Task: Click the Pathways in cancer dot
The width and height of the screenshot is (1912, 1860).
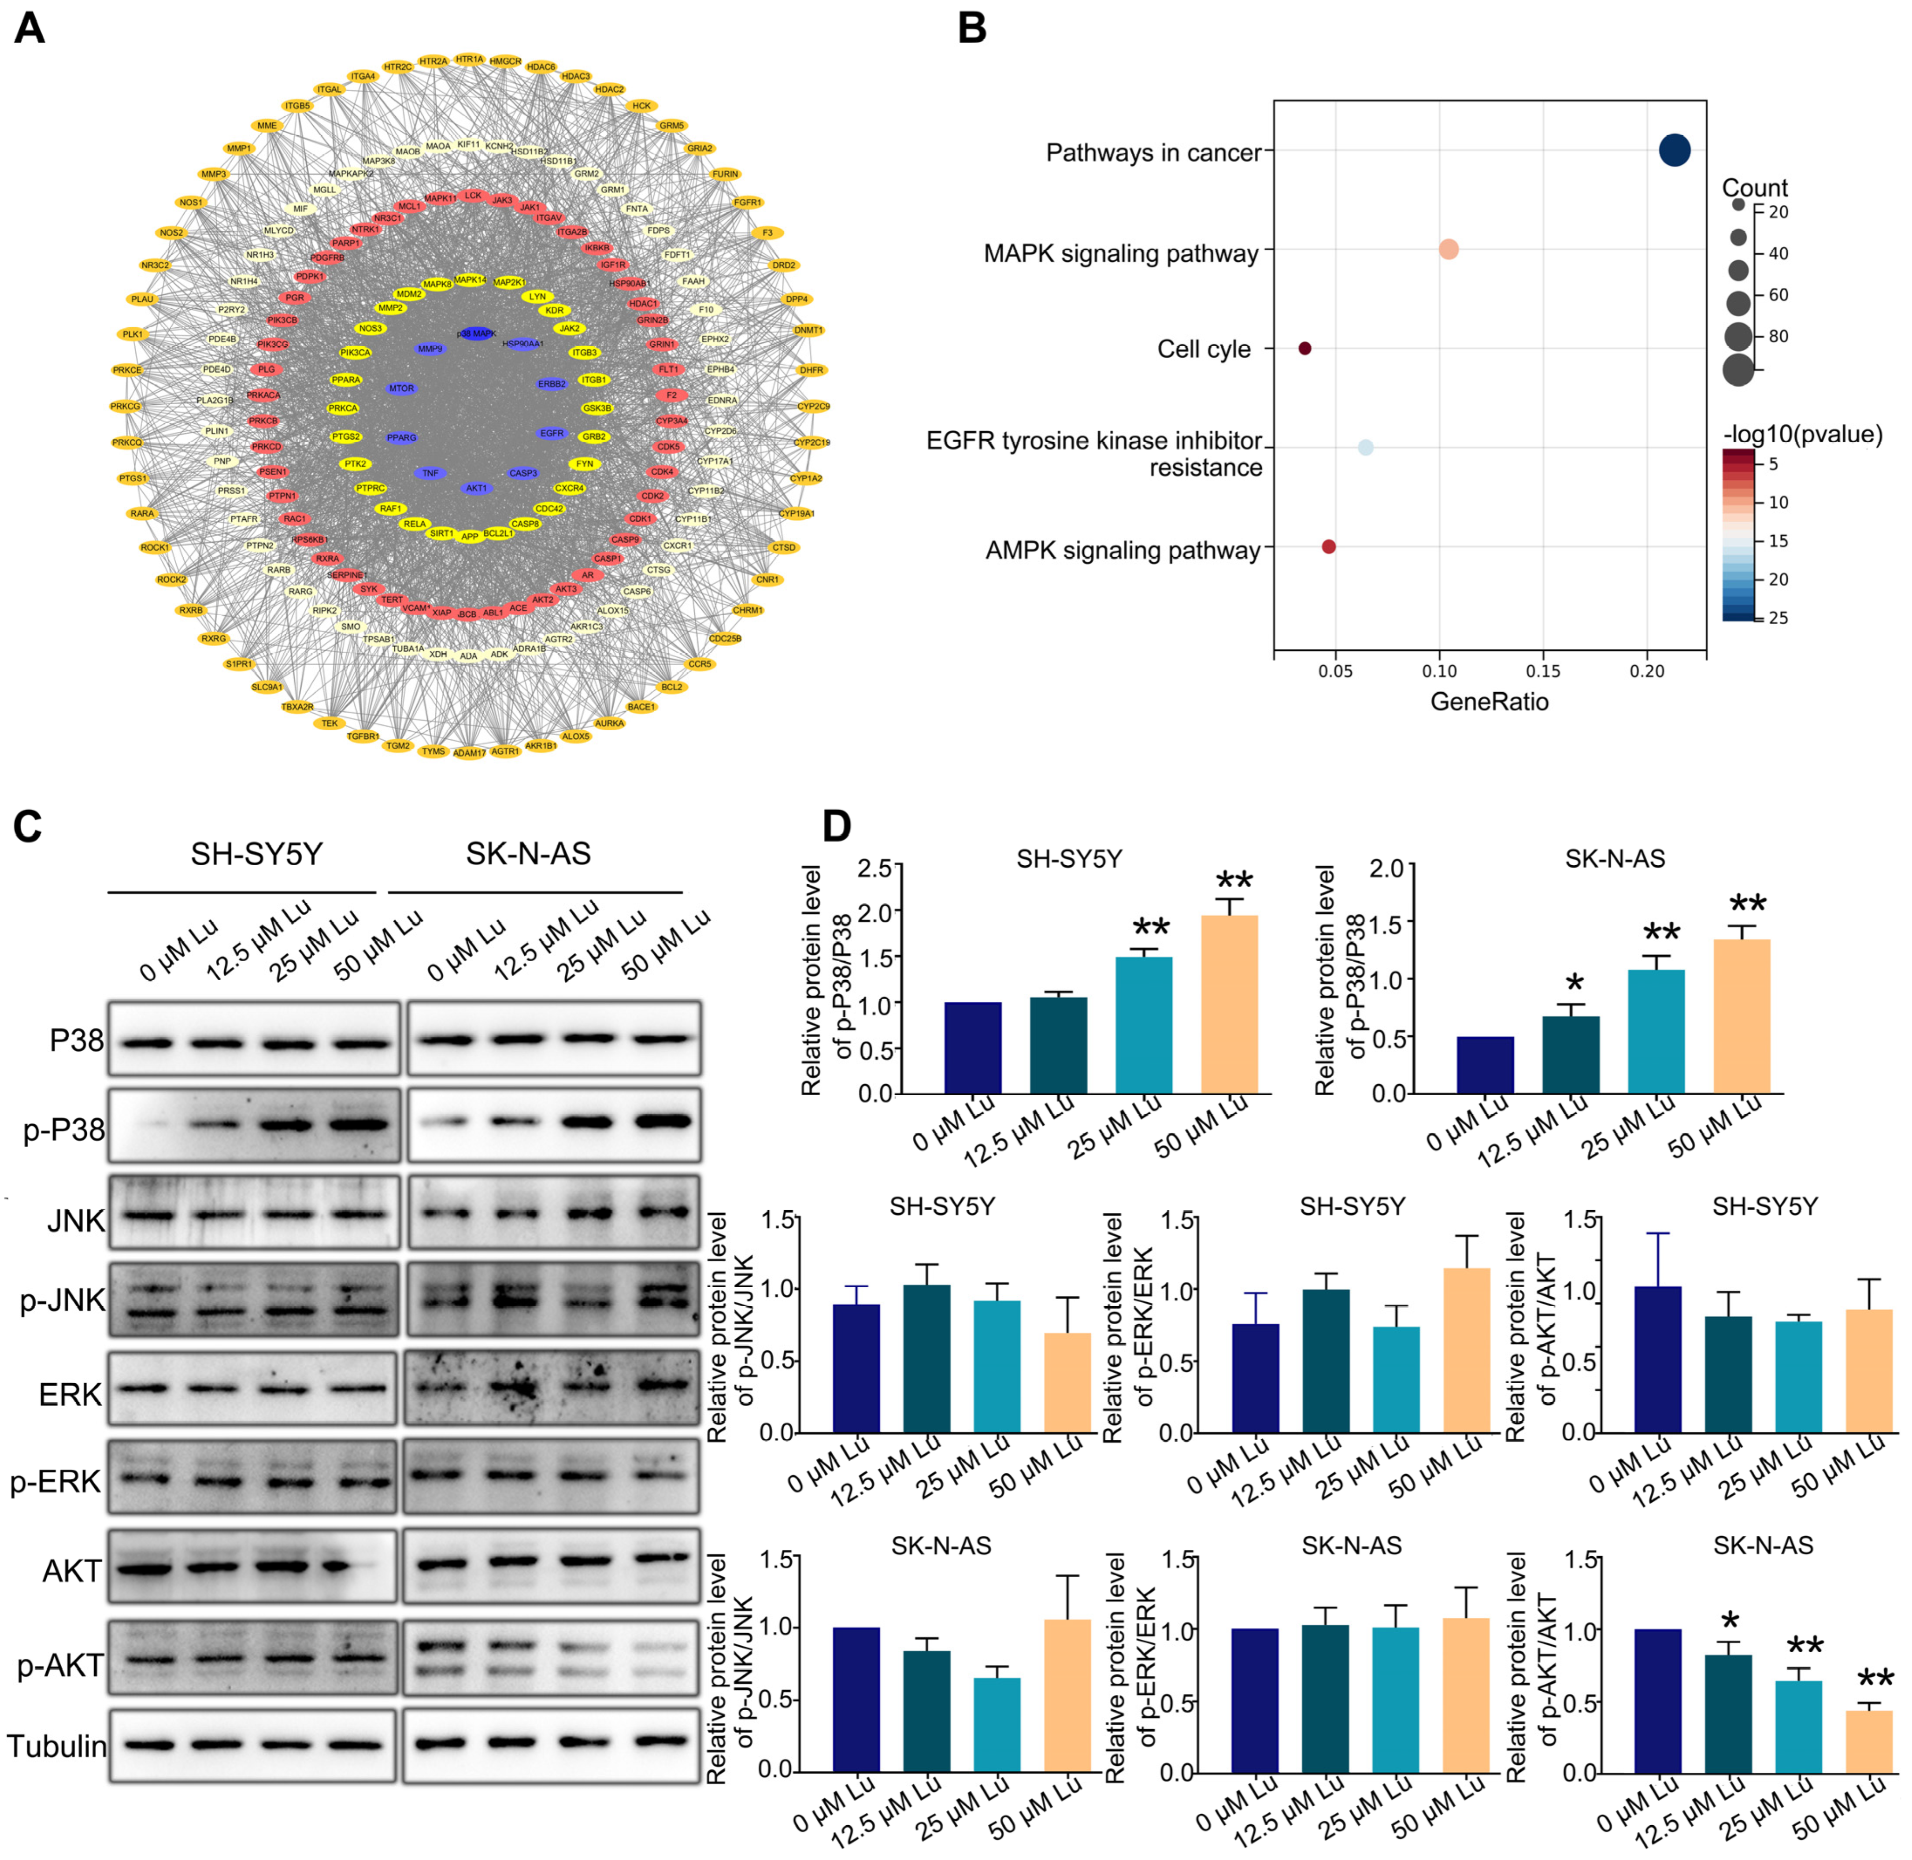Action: click(1674, 150)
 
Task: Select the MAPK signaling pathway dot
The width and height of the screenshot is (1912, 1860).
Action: click(1448, 249)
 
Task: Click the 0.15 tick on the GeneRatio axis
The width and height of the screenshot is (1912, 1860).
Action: click(1543, 671)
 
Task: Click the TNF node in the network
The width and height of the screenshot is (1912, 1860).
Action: click(430, 473)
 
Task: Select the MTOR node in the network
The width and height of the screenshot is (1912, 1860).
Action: click(401, 388)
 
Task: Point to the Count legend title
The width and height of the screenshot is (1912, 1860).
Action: click(1754, 188)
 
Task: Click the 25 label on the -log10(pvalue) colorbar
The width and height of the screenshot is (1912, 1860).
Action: click(1778, 617)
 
